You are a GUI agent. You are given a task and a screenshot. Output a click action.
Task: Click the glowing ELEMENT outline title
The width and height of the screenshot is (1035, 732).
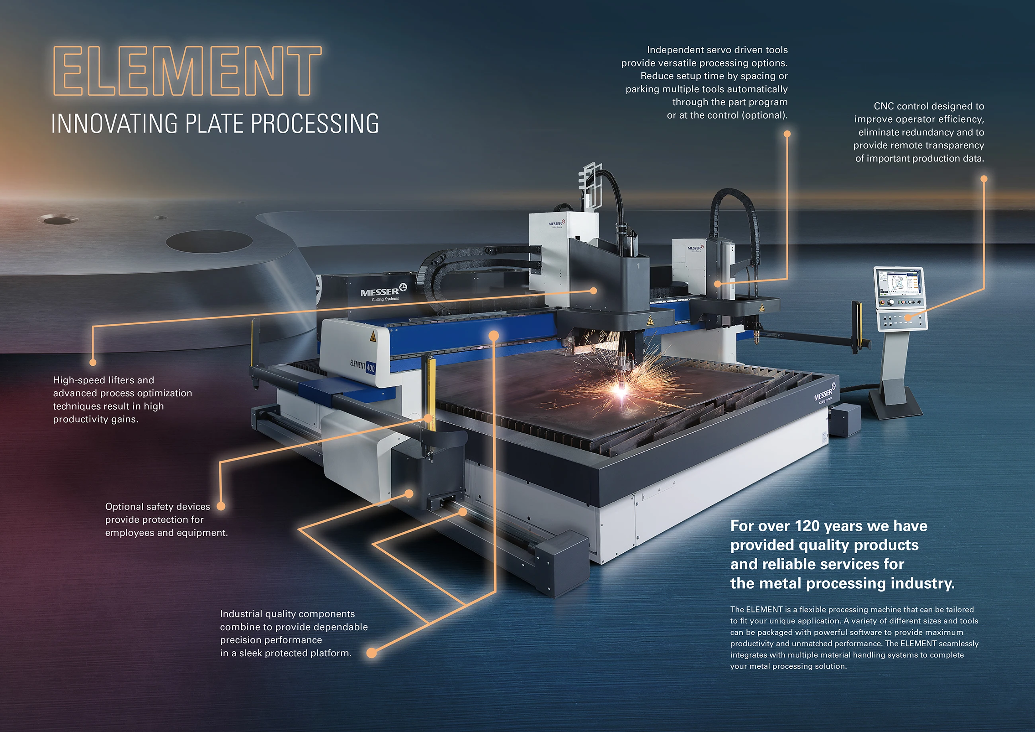pos(187,71)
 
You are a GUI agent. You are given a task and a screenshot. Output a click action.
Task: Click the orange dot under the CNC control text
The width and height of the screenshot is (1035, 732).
pos(984,179)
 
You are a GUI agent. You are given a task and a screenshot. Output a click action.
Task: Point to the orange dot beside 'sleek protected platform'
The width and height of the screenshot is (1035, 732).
pos(371,653)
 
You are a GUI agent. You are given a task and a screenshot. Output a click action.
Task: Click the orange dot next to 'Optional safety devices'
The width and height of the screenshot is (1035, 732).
pos(221,506)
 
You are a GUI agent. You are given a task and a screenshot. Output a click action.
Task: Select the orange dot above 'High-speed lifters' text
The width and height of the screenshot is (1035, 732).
pos(93,362)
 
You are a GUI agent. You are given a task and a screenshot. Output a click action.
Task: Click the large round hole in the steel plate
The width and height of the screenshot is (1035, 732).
pos(209,241)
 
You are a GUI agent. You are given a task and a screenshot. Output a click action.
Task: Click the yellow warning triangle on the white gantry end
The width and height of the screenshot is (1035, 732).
pos(373,337)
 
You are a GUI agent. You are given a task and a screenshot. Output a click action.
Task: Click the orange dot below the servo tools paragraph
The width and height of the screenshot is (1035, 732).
pos(787,134)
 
